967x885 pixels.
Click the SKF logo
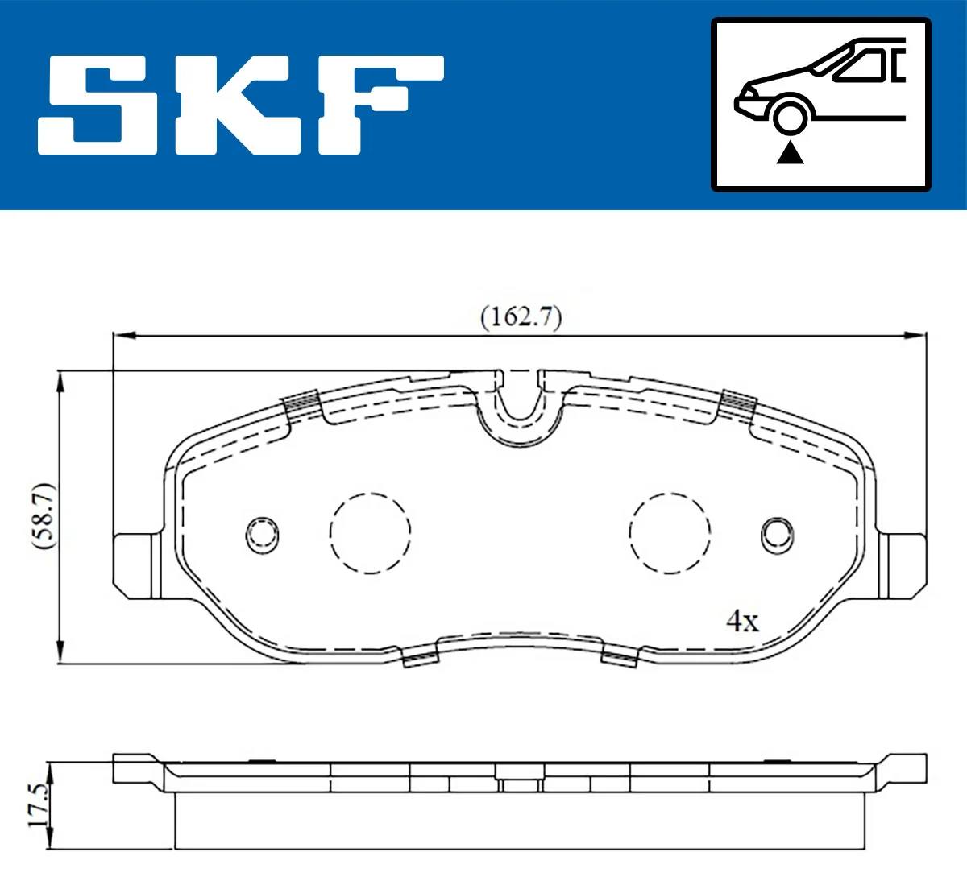tap(240, 105)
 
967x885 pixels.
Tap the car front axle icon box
tap(820, 105)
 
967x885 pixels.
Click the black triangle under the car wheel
tap(791, 152)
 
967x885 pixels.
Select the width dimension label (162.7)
tap(521, 316)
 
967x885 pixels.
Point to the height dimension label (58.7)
tap(44, 516)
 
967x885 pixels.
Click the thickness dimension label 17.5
tap(36, 805)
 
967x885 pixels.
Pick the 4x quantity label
tap(742, 620)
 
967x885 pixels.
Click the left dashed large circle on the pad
tap(370, 532)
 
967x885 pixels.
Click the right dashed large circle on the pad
tap(670, 532)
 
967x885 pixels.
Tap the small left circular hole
tap(262, 534)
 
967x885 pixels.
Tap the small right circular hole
tap(778, 534)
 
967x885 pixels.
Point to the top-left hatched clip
tap(302, 402)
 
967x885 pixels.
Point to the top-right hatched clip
tap(737, 402)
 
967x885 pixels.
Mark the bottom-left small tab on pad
tap(420, 658)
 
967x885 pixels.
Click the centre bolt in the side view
tap(520, 779)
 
